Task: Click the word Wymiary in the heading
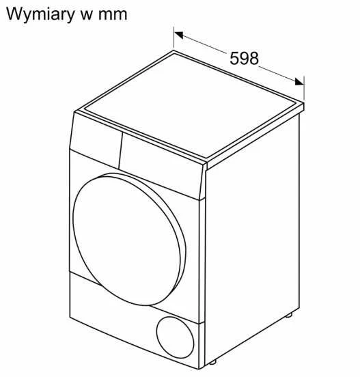click(x=40, y=14)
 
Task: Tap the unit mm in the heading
click(x=113, y=14)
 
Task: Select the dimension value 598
click(x=244, y=58)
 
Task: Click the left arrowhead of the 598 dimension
click(x=179, y=35)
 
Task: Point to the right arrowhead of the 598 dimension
click(x=299, y=81)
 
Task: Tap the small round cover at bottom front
click(x=175, y=337)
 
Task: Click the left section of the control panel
click(x=96, y=140)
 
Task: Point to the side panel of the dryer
click(x=252, y=238)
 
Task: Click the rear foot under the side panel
click(x=289, y=315)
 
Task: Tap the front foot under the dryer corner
click(x=212, y=362)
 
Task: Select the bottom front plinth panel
click(x=135, y=320)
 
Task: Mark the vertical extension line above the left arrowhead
click(x=174, y=38)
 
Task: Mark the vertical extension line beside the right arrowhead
click(x=304, y=88)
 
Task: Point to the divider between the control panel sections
click(x=121, y=151)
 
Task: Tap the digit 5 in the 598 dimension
click(x=234, y=58)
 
